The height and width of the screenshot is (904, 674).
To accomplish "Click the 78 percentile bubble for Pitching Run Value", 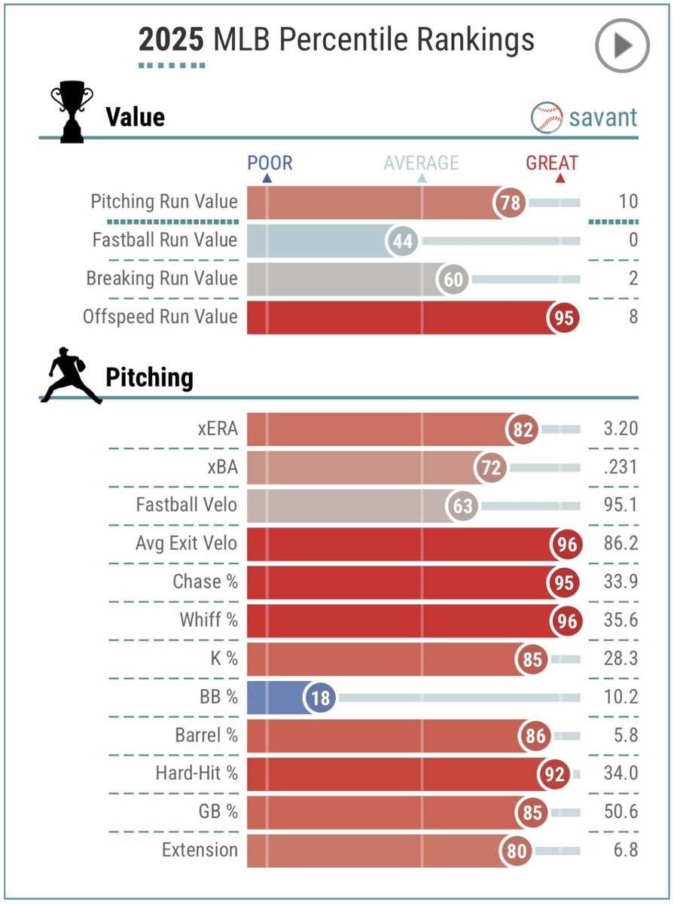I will [510, 202].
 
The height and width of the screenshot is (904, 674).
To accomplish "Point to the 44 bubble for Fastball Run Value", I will [402, 240].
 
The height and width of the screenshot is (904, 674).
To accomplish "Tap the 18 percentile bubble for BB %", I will [320, 698].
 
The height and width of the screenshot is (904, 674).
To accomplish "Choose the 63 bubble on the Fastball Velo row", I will [462, 506].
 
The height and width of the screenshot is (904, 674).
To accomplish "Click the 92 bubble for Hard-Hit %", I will [555, 775].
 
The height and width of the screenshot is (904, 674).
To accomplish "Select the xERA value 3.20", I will [620, 429].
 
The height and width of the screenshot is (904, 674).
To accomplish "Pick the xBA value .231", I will [621, 468].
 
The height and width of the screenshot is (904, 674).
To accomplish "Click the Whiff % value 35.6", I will [620, 621].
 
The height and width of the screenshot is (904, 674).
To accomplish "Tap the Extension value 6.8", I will [624, 851].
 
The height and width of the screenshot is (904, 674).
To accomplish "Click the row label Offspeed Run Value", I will [160, 316].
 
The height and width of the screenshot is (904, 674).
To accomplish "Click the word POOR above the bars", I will [270, 163].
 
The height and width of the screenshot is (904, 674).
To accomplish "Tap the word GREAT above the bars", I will [552, 163].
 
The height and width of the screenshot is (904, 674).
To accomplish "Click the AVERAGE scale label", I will [421, 163].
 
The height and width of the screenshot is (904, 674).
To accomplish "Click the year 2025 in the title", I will [171, 39].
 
